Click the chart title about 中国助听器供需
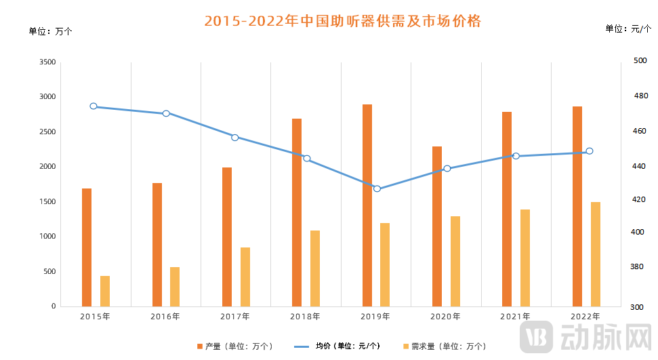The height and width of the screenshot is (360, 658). coord(342,21)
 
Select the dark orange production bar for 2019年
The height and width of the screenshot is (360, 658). coord(367,205)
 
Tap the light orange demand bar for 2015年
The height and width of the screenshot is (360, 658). coord(105,291)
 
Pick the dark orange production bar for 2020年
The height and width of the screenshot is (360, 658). coord(437,226)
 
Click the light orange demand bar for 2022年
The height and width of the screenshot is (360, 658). coord(596,254)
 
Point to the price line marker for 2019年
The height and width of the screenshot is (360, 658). coord(377,188)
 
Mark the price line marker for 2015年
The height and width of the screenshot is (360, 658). coord(94,106)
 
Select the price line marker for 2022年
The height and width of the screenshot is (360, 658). coord(590,151)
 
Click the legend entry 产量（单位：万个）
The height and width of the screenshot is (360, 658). coord(234,346)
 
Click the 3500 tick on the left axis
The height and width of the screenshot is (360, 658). coord(47,62)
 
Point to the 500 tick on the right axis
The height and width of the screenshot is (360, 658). coord(640,61)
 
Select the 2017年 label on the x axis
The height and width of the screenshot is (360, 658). coord(235,317)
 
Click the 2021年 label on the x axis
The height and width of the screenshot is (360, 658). coord(516,317)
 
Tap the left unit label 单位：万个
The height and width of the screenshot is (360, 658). coord(50,31)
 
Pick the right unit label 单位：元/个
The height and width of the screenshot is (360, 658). coord(628,28)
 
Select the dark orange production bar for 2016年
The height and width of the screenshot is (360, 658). coord(157,245)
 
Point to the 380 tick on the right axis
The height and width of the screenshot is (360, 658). coord(640,267)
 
